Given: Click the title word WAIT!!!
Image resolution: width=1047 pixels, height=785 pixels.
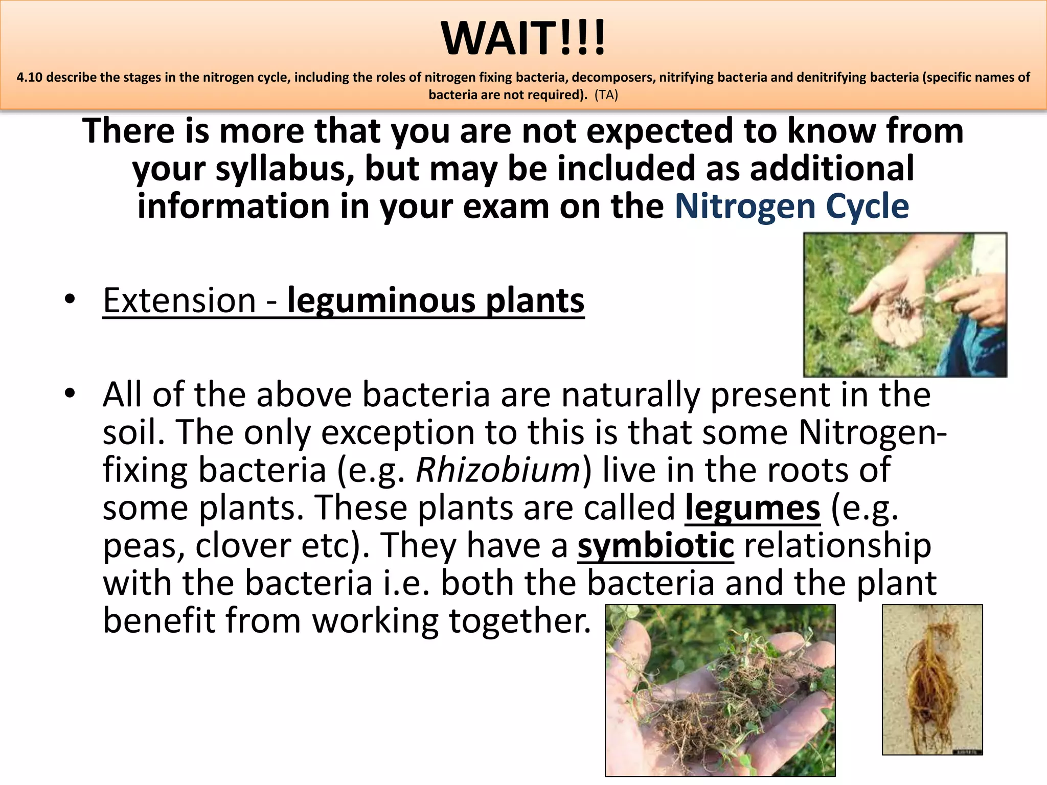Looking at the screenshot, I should point(523,39).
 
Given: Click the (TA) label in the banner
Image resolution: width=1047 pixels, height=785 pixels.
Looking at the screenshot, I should point(606,95).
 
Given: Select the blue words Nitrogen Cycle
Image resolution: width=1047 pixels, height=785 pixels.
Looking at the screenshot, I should point(791,206).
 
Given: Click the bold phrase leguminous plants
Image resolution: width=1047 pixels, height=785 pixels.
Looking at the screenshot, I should point(436,301).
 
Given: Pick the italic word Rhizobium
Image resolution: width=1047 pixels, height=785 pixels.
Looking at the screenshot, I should point(498,470).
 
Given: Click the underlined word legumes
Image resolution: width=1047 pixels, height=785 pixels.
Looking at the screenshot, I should point(753,508).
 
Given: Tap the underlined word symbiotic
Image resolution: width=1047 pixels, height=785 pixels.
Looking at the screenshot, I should point(655,545).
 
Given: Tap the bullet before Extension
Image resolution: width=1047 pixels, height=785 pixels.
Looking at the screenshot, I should point(70,299).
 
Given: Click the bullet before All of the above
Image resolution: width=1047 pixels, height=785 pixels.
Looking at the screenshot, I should point(70,394).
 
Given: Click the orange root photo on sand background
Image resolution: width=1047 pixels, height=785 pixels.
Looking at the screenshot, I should point(931,680).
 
